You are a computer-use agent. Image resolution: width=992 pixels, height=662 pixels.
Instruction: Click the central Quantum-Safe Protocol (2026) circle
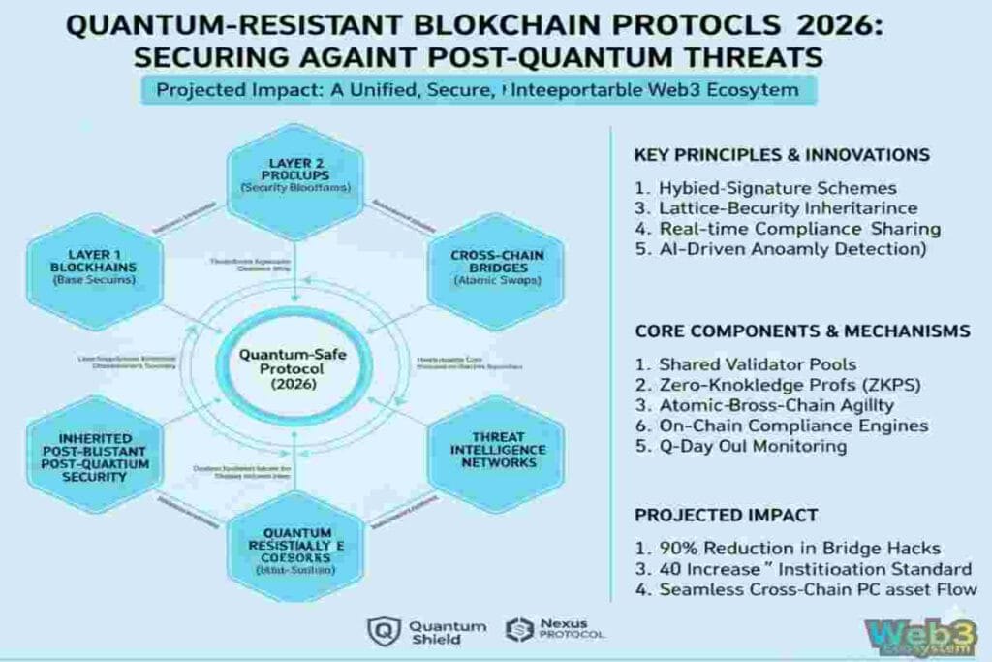coord(294,368)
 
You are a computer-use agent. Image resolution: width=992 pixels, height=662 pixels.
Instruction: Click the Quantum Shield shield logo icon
coord(384,632)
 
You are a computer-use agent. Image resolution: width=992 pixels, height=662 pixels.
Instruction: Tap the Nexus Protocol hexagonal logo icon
coord(520,631)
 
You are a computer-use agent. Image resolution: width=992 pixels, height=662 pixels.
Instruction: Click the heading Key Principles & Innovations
coord(782,155)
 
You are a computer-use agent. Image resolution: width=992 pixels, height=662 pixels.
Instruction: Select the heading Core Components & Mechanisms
coord(802,331)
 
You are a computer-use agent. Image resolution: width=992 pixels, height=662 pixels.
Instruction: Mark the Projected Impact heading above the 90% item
coord(727,515)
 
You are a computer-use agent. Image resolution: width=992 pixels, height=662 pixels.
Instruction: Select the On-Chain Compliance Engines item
coord(782,426)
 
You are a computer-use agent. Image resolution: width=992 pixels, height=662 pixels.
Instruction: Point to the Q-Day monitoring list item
coord(741,446)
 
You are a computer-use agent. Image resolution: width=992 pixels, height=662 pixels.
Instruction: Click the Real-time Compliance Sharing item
coord(788,229)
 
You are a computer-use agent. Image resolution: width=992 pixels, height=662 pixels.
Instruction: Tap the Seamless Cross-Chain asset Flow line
coord(806,589)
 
